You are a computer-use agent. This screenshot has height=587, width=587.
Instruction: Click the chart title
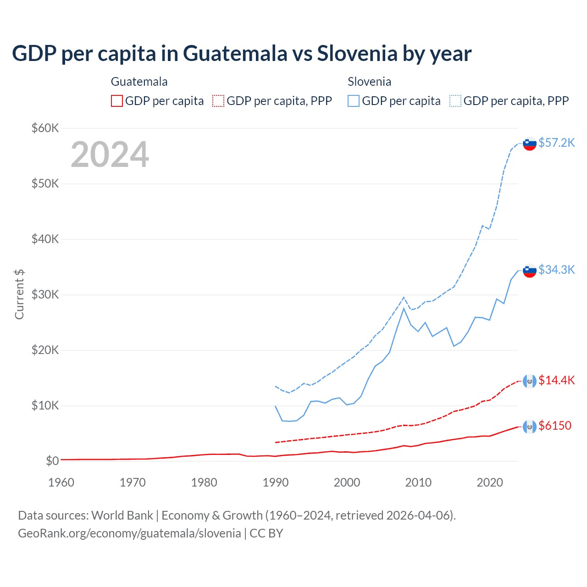tap(242, 53)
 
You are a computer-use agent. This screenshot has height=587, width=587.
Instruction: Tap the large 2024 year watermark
tap(110, 155)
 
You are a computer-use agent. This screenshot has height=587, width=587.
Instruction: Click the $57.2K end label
tap(556, 143)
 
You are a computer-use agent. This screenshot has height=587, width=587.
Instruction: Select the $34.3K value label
tap(556, 270)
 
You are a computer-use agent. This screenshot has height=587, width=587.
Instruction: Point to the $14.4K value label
tap(556, 380)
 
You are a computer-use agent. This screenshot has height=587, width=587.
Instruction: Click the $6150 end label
tap(555, 426)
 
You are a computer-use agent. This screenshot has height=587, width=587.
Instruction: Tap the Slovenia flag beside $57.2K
tap(530, 144)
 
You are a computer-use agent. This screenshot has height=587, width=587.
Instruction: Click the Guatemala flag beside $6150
tap(530, 427)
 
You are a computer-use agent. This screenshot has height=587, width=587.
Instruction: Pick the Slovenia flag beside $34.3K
tap(530, 271)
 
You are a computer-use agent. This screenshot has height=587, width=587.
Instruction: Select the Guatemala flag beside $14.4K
tap(530, 381)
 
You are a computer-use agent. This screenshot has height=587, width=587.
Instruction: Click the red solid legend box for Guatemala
tap(117, 101)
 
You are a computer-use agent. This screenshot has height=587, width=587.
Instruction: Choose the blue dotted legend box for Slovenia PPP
tap(455, 101)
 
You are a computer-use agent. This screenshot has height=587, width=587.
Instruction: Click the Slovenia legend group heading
tap(369, 82)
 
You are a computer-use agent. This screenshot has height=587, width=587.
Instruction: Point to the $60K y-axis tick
tap(45, 128)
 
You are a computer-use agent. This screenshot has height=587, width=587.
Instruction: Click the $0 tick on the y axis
tap(52, 461)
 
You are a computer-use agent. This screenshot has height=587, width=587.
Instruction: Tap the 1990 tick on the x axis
tap(276, 482)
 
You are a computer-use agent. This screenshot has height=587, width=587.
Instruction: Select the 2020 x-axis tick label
tap(490, 482)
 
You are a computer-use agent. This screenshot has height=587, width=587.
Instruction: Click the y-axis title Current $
tap(19, 294)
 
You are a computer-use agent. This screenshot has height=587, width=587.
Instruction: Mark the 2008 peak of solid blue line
tap(404, 308)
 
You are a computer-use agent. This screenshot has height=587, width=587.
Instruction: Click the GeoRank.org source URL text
tap(129, 533)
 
